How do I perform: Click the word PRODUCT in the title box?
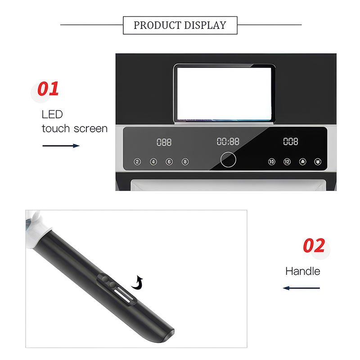tap(157, 25)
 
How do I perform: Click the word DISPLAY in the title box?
tap(205, 25)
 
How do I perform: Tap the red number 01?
tap(48, 89)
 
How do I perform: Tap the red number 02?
tap(314, 245)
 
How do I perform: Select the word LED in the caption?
tap(52, 114)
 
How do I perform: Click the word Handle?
tap(302, 271)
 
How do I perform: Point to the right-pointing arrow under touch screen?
tap(61, 146)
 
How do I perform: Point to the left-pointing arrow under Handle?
tap(301, 288)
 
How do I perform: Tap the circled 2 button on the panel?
tap(137, 162)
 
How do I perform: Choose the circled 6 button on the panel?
tap(169, 162)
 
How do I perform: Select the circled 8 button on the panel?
tap(185, 162)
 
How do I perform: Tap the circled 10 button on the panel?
tap(272, 162)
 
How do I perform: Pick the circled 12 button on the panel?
tap(287, 162)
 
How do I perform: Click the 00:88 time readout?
tap(228, 141)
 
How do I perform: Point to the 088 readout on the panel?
tap(164, 142)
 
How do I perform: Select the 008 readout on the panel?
tap(291, 141)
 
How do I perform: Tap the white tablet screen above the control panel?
tap(224, 94)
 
